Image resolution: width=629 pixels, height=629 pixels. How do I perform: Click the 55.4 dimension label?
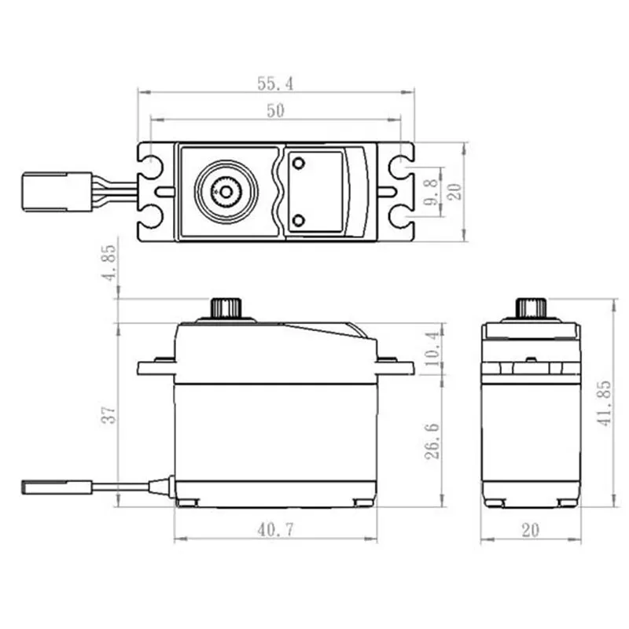(274, 82)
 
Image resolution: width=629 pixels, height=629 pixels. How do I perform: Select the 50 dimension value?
(274, 111)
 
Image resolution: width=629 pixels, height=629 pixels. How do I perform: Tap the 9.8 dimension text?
(429, 191)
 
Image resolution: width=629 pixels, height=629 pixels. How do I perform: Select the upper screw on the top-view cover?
(298, 164)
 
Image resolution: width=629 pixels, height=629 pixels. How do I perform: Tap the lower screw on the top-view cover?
(298, 219)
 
